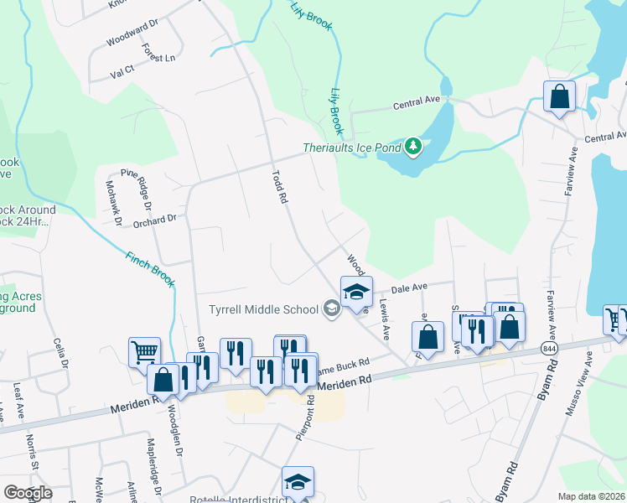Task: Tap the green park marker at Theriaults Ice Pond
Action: click(412, 147)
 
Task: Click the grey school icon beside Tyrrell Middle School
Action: click(332, 309)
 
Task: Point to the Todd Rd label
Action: click(279, 188)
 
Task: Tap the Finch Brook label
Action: click(150, 269)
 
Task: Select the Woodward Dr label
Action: click(132, 38)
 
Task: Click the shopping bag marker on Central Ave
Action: click(559, 96)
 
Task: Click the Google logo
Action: click(27, 493)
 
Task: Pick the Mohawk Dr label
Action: click(113, 203)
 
